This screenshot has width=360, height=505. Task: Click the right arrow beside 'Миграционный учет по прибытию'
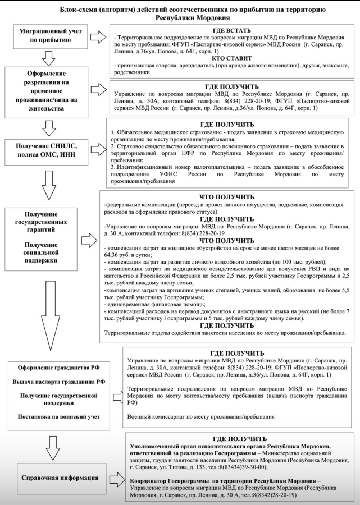click(x=98, y=37)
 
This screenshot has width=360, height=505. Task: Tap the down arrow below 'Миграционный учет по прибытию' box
click(x=48, y=56)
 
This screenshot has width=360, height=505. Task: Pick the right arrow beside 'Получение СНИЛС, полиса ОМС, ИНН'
click(x=98, y=149)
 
